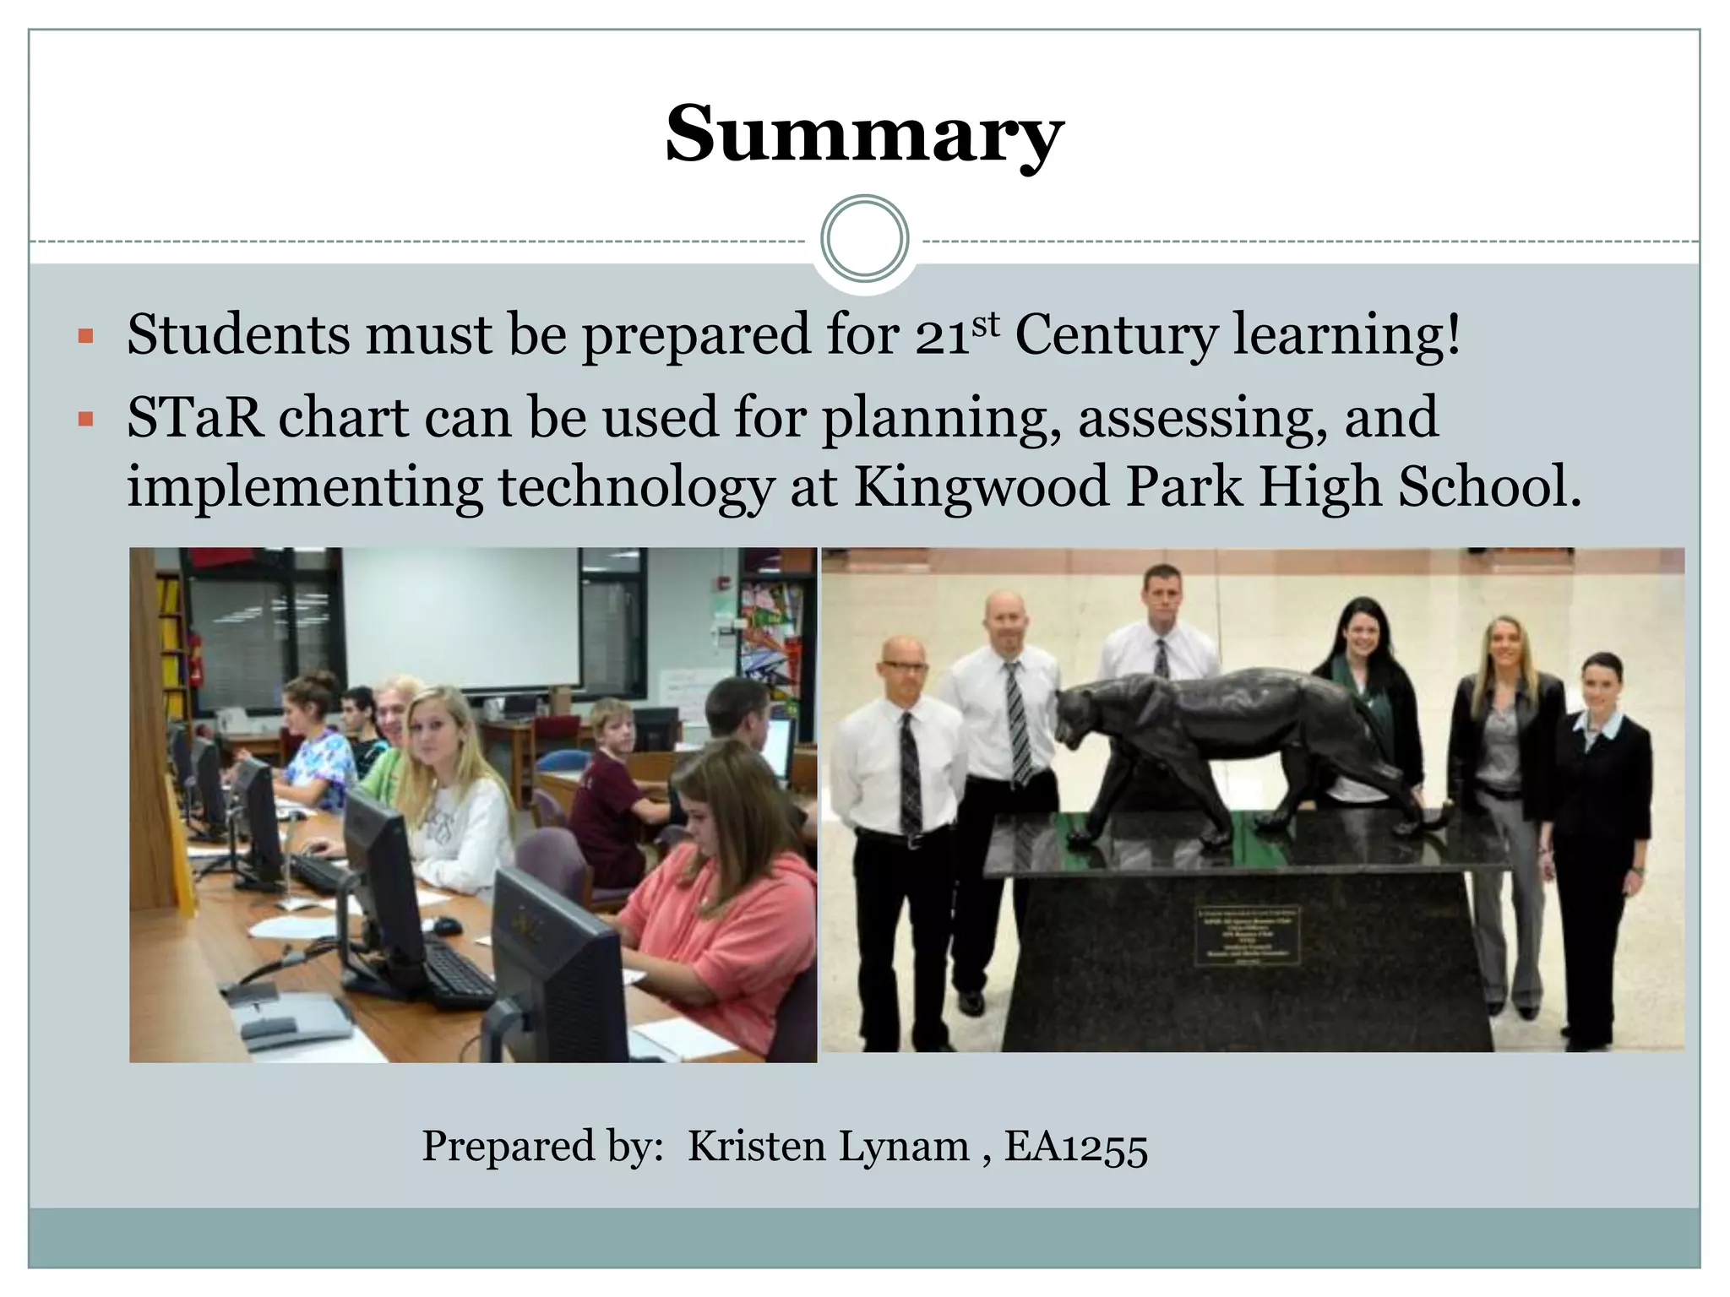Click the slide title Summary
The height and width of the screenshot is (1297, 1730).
pyautogui.click(x=864, y=135)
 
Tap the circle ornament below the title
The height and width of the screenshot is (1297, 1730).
pyautogui.click(x=864, y=239)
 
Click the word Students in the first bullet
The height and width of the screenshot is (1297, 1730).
pyautogui.click(x=237, y=334)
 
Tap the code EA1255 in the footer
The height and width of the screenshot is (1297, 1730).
pyautogui.click(x=1075, y=1147)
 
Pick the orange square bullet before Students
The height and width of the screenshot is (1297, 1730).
pyautogui.click(x=84, y=337)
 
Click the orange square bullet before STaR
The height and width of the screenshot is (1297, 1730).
pyautogui.click(x=84, y=419)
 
